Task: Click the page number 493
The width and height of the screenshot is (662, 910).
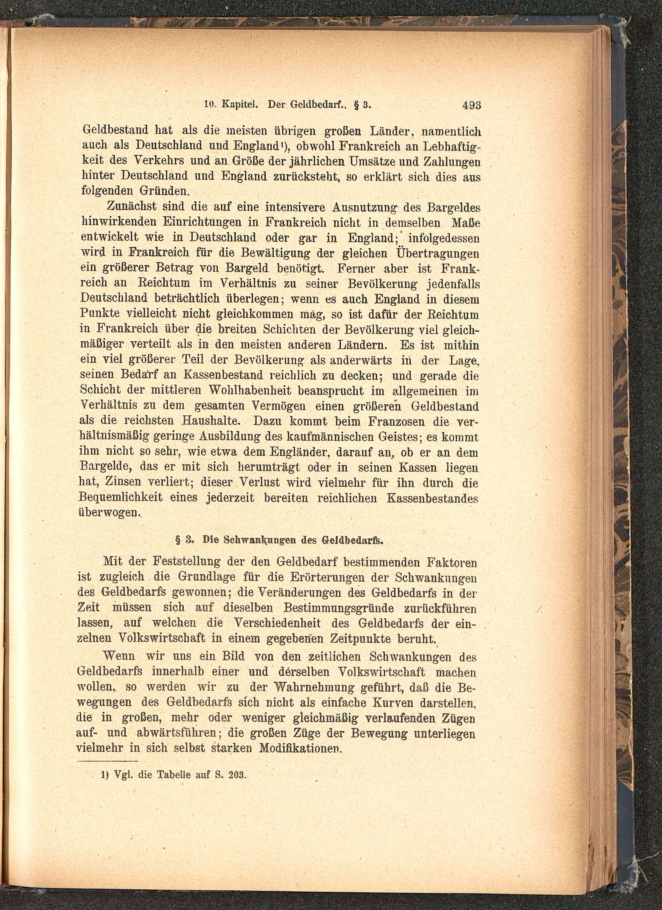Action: [472, 106]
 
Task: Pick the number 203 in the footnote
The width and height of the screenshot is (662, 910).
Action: [236, 775]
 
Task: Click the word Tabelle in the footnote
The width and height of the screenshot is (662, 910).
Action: [172, 775]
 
